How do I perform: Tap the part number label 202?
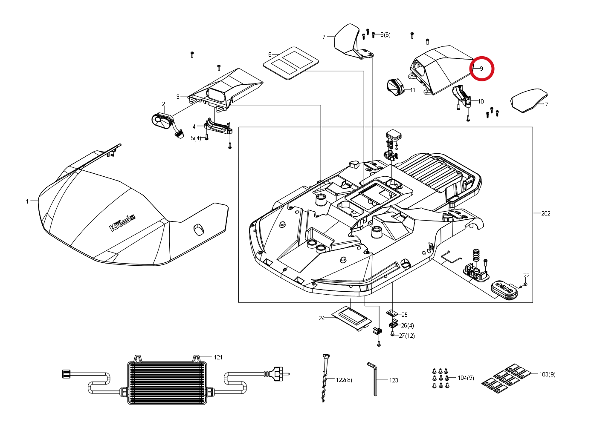click(545, 213)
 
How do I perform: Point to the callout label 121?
click(218, 357)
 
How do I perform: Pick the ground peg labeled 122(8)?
click(325, 378)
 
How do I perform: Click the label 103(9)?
click(547, 374)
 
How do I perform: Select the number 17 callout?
click(545, 105)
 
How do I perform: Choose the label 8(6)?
click(385, 34)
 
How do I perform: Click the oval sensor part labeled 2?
click(162, 121)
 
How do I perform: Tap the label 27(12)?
click(407, 336)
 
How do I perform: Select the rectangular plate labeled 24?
click(352, 318)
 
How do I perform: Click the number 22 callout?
click(526, 275)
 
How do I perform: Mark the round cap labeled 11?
click(395, 87)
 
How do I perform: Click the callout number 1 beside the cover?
click(27, 202)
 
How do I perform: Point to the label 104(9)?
click(466, 378)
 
